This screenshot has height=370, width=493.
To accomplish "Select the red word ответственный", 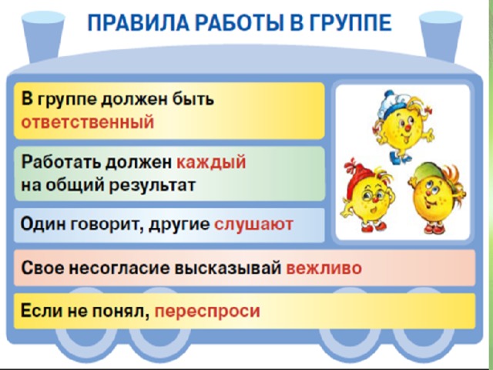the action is (87, 122).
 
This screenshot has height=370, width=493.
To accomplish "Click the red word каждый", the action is (211, 163).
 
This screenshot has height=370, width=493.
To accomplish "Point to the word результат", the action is (152, 185).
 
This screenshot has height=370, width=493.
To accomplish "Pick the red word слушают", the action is (253, 224).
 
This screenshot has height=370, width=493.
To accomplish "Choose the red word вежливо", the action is (324, 268).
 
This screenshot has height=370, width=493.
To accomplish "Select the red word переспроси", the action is (207, 311).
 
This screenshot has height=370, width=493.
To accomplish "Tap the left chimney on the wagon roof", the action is (43, 35).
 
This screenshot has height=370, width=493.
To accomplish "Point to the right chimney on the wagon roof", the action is (441, 35).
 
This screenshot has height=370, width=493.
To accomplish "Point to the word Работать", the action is (61, 163).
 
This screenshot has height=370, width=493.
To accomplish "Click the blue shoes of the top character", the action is (400, 158).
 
